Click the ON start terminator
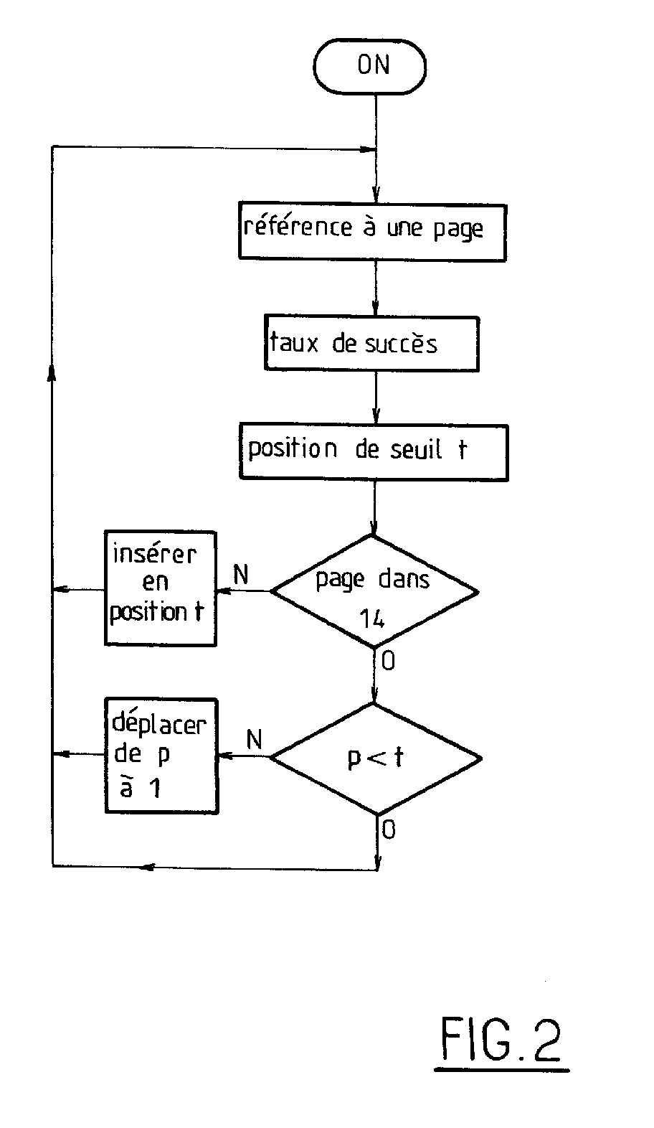(x=370, y=67)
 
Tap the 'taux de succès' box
(x=371, y=343)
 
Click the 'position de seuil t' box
(x=373, y=452)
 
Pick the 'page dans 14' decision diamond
(x=374, y=591)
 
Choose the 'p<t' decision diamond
(x=375, y=758)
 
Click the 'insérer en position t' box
(x=160, y=588)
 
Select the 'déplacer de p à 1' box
(x=161, y=755)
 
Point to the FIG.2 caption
(x=501, y=1040)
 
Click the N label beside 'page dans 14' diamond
(x=242, y=574)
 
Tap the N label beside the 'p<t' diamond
(x=254, y=739)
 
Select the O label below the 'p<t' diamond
(x=388, y=830)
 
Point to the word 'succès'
(x=401, y=344)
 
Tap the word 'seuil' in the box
(x=417, y=450)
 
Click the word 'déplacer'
(x=159, y=724)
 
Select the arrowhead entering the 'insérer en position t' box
(x=223, y=591)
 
